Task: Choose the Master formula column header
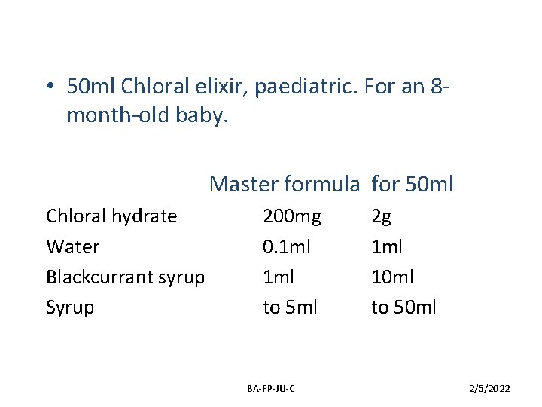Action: tap(285, 183)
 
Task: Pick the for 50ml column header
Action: tap(413, 183)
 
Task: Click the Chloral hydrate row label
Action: tap(111, 216)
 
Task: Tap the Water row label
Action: tap(72, 246)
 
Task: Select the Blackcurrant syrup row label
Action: tap(125, 277)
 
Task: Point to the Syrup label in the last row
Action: tap(70, 308)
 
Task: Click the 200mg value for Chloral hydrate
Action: tap(291, 216)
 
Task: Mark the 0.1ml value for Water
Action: tap(287, 246)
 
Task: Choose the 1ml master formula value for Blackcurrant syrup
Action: tap(277, 277)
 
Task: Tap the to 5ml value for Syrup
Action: tap(290, 308)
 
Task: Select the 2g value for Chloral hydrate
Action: tap(382, 217)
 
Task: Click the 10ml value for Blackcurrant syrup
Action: tap(391, 277)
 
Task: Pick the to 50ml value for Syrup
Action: tap(403, 308)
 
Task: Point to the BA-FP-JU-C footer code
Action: tap(271, 388)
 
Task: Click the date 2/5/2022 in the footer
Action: tap(489, 388)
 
